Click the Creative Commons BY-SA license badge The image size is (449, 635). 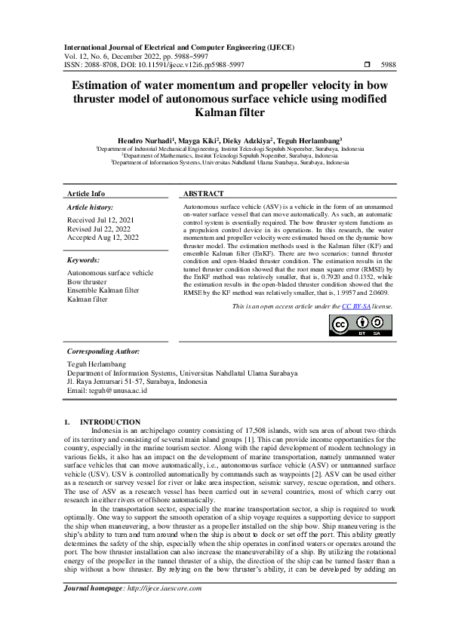click(x=361, y=324)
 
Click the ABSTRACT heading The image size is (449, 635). click(x=204, y=194)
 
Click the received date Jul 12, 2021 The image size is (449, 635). click(x=115, y=219)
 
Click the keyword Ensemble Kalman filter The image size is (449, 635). click(x=103, y=290)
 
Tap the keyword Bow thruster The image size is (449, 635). click(x=88, y=281)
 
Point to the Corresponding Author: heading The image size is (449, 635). click(x=103, y=351)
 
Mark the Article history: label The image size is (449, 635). click(x=91, y=207)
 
